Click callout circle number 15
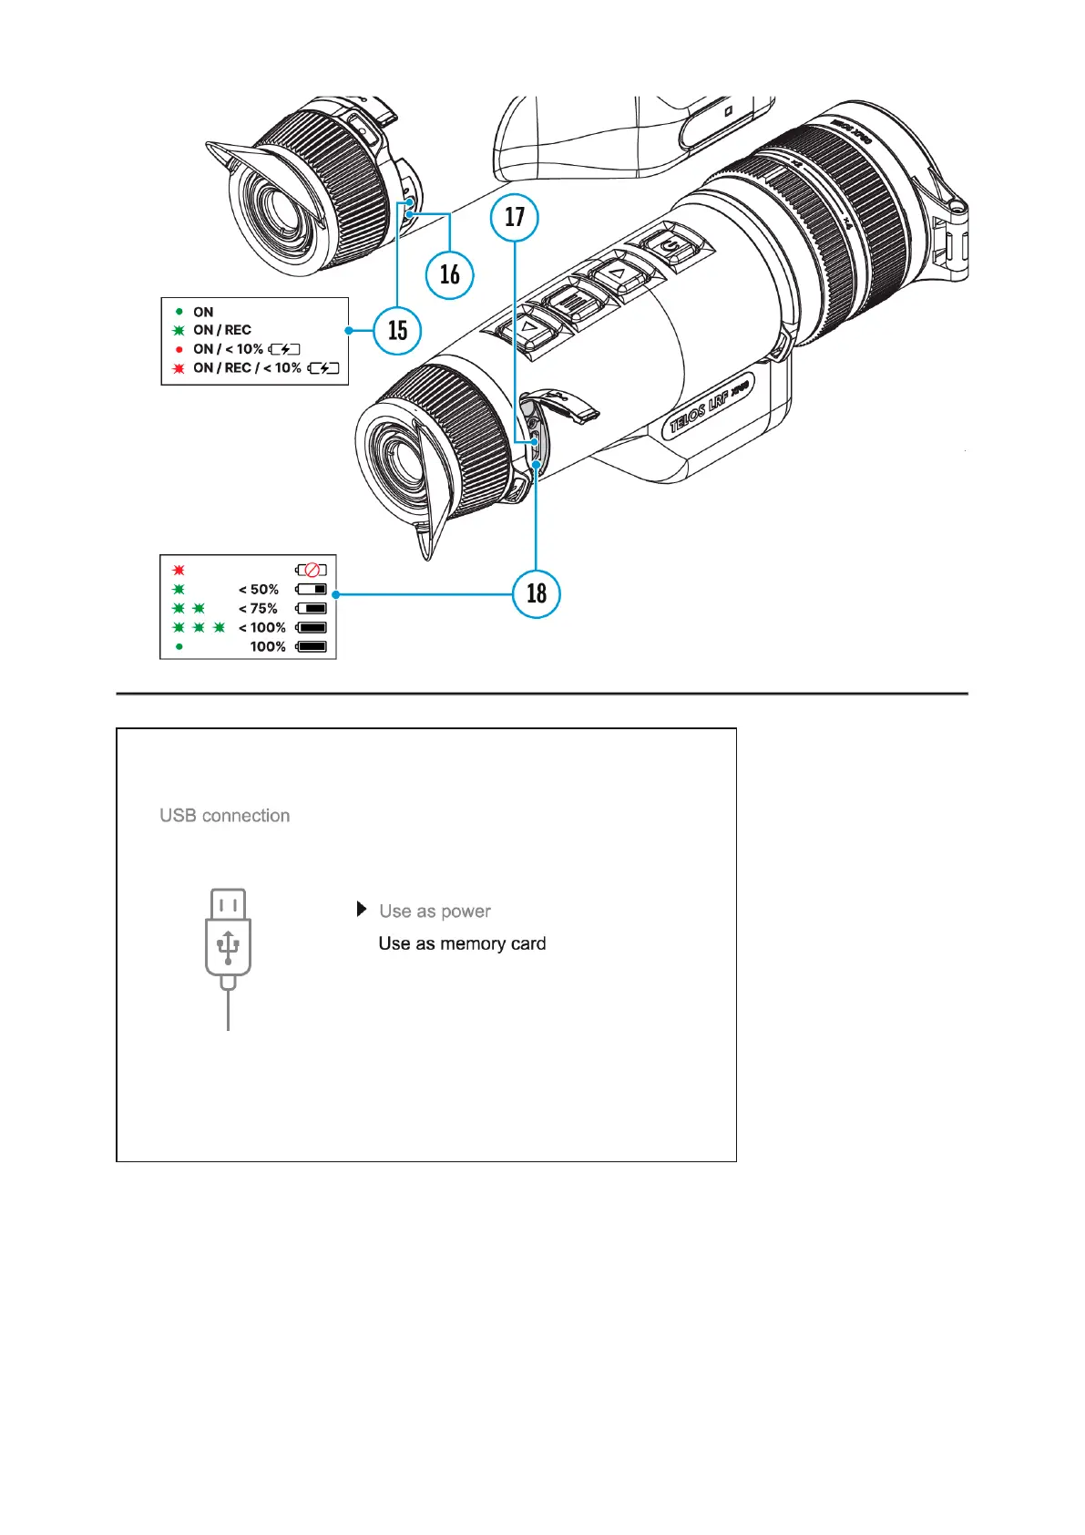pyautogui.click(x=398, y=330)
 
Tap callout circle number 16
pyautogui.click(x=450, y=274)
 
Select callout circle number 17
pyautogui.click(x=515, y=217)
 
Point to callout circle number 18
pyautogui.click(x=537, y=593)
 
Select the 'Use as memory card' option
pyautogui.click(x=462, y=943)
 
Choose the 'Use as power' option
pyautogui.click(x=435, y=911)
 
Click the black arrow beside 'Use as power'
pyautogui.click(x=362, y=910)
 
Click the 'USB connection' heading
pyautogui.click(x=225, y=816)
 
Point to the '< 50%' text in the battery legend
pyautogui.click(x=259, y=590)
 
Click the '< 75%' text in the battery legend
pyautogui.click(x=259, y=609)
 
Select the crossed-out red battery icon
pyautogui.click(x=312, y=571)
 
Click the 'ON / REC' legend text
pyautogui.click(x=222, y=330)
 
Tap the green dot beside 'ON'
pyautogui.click(x=179, y=312)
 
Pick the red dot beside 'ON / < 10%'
pyautogui.click(x=179, y=349)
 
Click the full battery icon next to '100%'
pyautogui.click(x=312, y=646)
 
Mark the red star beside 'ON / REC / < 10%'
pyautogui.click(x=179, y=368)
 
